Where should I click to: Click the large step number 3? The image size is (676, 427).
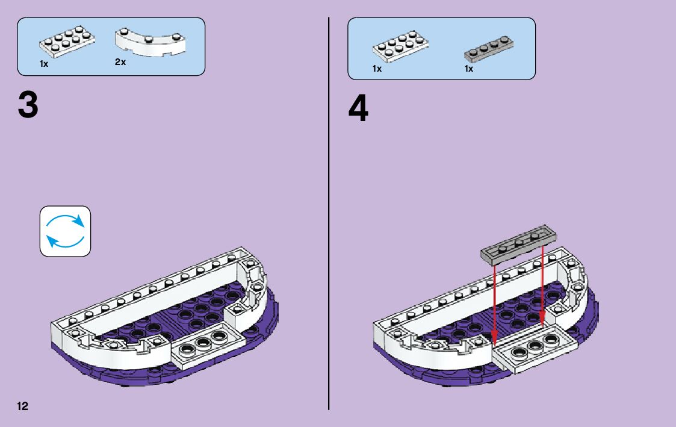coord(28,105)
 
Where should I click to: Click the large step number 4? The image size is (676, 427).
coord(358,110)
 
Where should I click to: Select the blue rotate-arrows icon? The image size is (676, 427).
coord(65,231)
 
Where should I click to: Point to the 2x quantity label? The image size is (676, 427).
coord(120,62)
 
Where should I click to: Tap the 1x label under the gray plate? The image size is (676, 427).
coord(469,69)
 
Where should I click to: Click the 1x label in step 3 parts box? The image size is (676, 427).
coord(45,63)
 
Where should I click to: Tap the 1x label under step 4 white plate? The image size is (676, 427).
coord(377,69)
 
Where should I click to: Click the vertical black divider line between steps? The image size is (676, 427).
coord(329,211)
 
